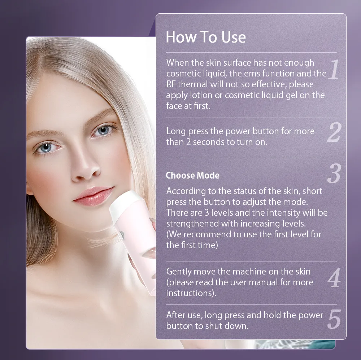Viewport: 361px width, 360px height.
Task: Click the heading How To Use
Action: (206, 37)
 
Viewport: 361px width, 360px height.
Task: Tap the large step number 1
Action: (334, 69)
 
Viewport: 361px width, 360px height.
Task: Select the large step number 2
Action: (334, 132)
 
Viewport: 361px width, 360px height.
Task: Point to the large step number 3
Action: (334, 173)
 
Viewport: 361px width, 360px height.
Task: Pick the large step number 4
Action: (334, 277)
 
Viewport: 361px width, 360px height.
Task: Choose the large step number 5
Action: (334, 319)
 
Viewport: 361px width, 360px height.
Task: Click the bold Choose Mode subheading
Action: (192, 176)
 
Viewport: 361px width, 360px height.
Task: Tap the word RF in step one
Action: (171, 84)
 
